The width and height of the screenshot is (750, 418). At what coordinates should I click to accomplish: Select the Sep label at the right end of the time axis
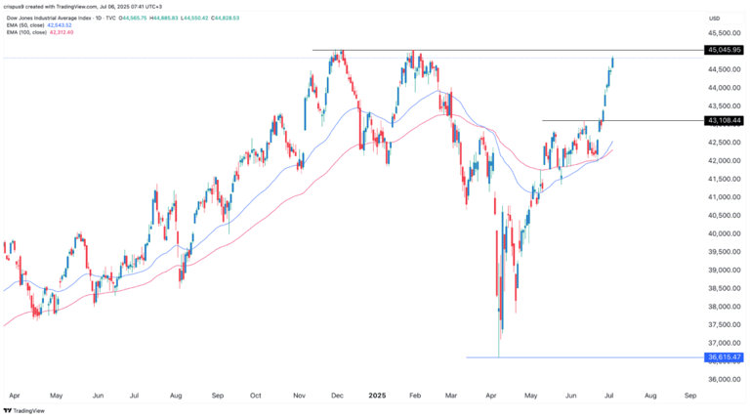point(690,397)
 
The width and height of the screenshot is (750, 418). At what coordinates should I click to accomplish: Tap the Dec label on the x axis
point(338,397)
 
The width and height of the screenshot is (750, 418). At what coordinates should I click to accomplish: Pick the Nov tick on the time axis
point(297,397)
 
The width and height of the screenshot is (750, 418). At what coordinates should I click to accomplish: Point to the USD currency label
point(714,18)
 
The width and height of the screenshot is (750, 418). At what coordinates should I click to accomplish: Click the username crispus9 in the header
point(18,5)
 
